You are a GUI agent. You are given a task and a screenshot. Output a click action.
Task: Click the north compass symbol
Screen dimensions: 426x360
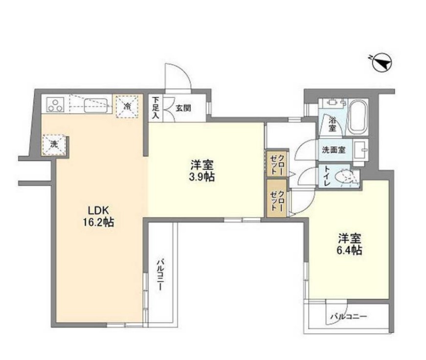(x=382, y=62)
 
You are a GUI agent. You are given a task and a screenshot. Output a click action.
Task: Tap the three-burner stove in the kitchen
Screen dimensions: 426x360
(x=55, y=105)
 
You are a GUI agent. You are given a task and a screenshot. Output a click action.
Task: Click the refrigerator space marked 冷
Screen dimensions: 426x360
(x=127, y=106)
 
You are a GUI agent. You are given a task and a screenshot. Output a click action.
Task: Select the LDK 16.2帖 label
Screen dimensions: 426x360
(x=98, y=216)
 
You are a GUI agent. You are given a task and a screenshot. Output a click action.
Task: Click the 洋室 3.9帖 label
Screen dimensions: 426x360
(x=202, y=170)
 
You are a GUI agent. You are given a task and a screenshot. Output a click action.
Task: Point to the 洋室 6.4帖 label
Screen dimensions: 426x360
(x=349, y=244)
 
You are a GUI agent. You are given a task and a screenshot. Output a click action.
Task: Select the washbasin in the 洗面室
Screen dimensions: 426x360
(x=360, y=150)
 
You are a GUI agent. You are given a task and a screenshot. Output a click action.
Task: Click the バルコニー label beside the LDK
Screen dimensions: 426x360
(x=160, y=275)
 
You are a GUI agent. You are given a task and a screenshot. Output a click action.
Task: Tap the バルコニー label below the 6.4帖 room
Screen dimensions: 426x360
(x=349, y=317)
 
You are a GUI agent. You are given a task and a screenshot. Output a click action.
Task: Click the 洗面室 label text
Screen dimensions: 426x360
(x=334, y=150)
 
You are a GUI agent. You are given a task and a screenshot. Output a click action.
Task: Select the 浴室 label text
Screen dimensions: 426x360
(x=332, y=124)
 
